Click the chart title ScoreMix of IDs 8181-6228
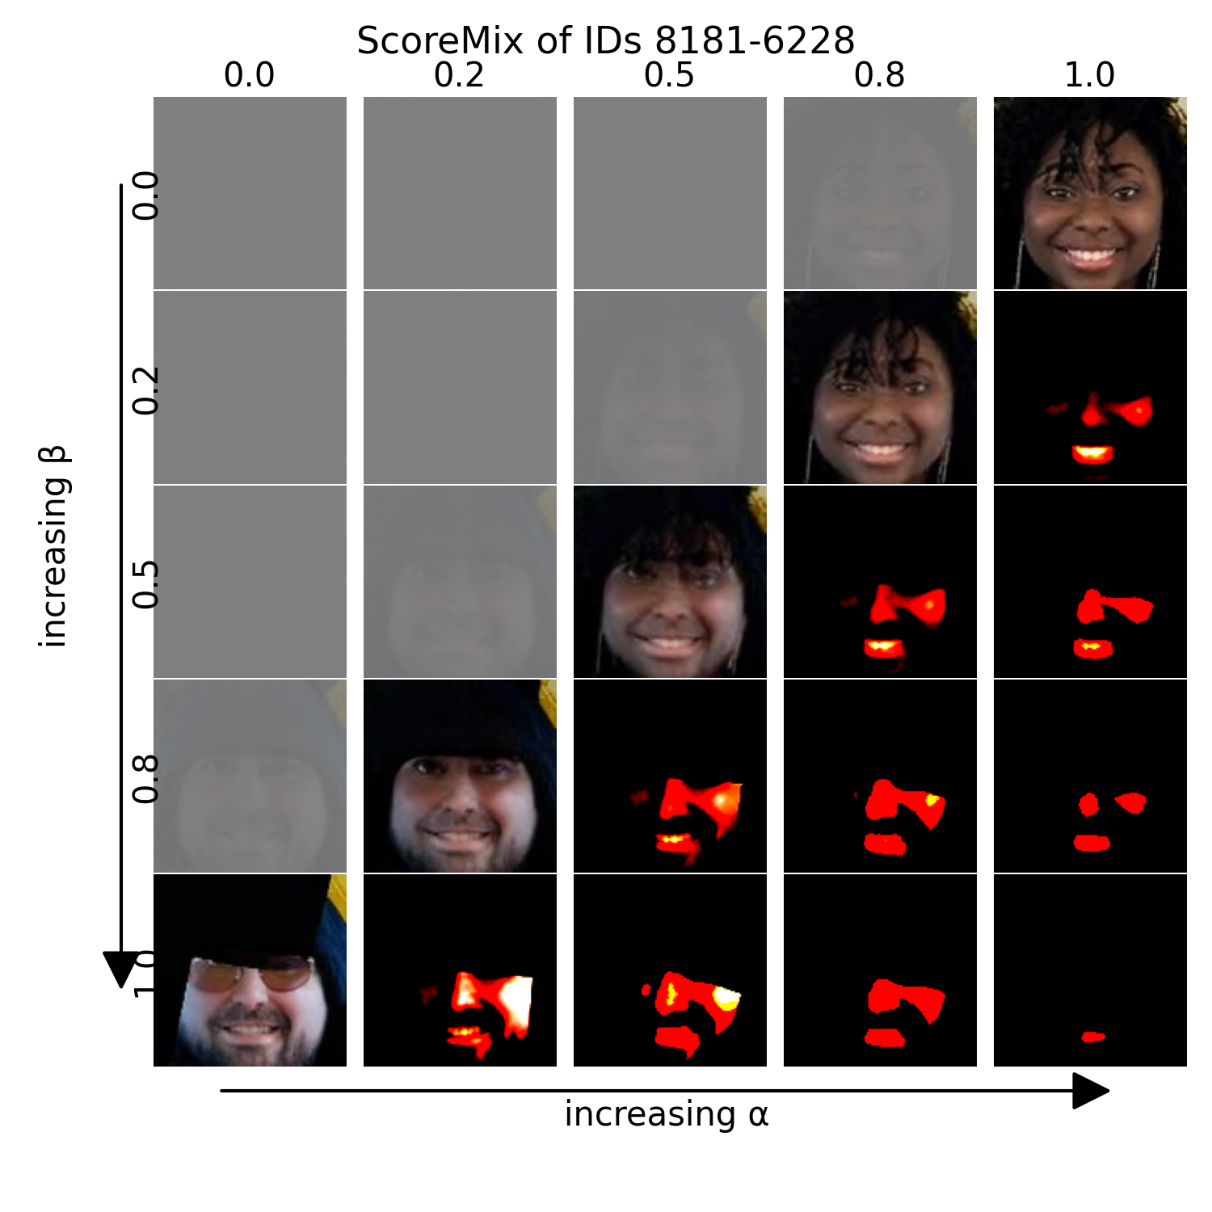tap(605, 40)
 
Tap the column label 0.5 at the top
tap(669, 75)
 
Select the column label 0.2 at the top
tap(459, 75)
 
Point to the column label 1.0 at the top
tap(1089, 75)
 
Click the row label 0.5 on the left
tap(146, 583)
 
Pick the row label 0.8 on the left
tap(146, 779)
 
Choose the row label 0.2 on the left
tap(146, 390)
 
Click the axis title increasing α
tap(666, 1114)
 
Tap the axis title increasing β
tap(54, 546)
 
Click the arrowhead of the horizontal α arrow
tap(1091, 1091)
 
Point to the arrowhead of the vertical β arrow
tap(121, 968)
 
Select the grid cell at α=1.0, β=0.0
tap(1090, 193)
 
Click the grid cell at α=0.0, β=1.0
tap(250, 970)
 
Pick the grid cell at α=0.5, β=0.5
tap(670, 582)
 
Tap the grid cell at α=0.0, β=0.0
tap(250, 193)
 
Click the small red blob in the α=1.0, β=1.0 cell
tap(1092, 1037)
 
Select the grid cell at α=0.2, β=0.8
tap(460, 776)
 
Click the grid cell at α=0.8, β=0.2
tap(880, 388)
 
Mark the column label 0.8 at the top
tap(879, 75)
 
